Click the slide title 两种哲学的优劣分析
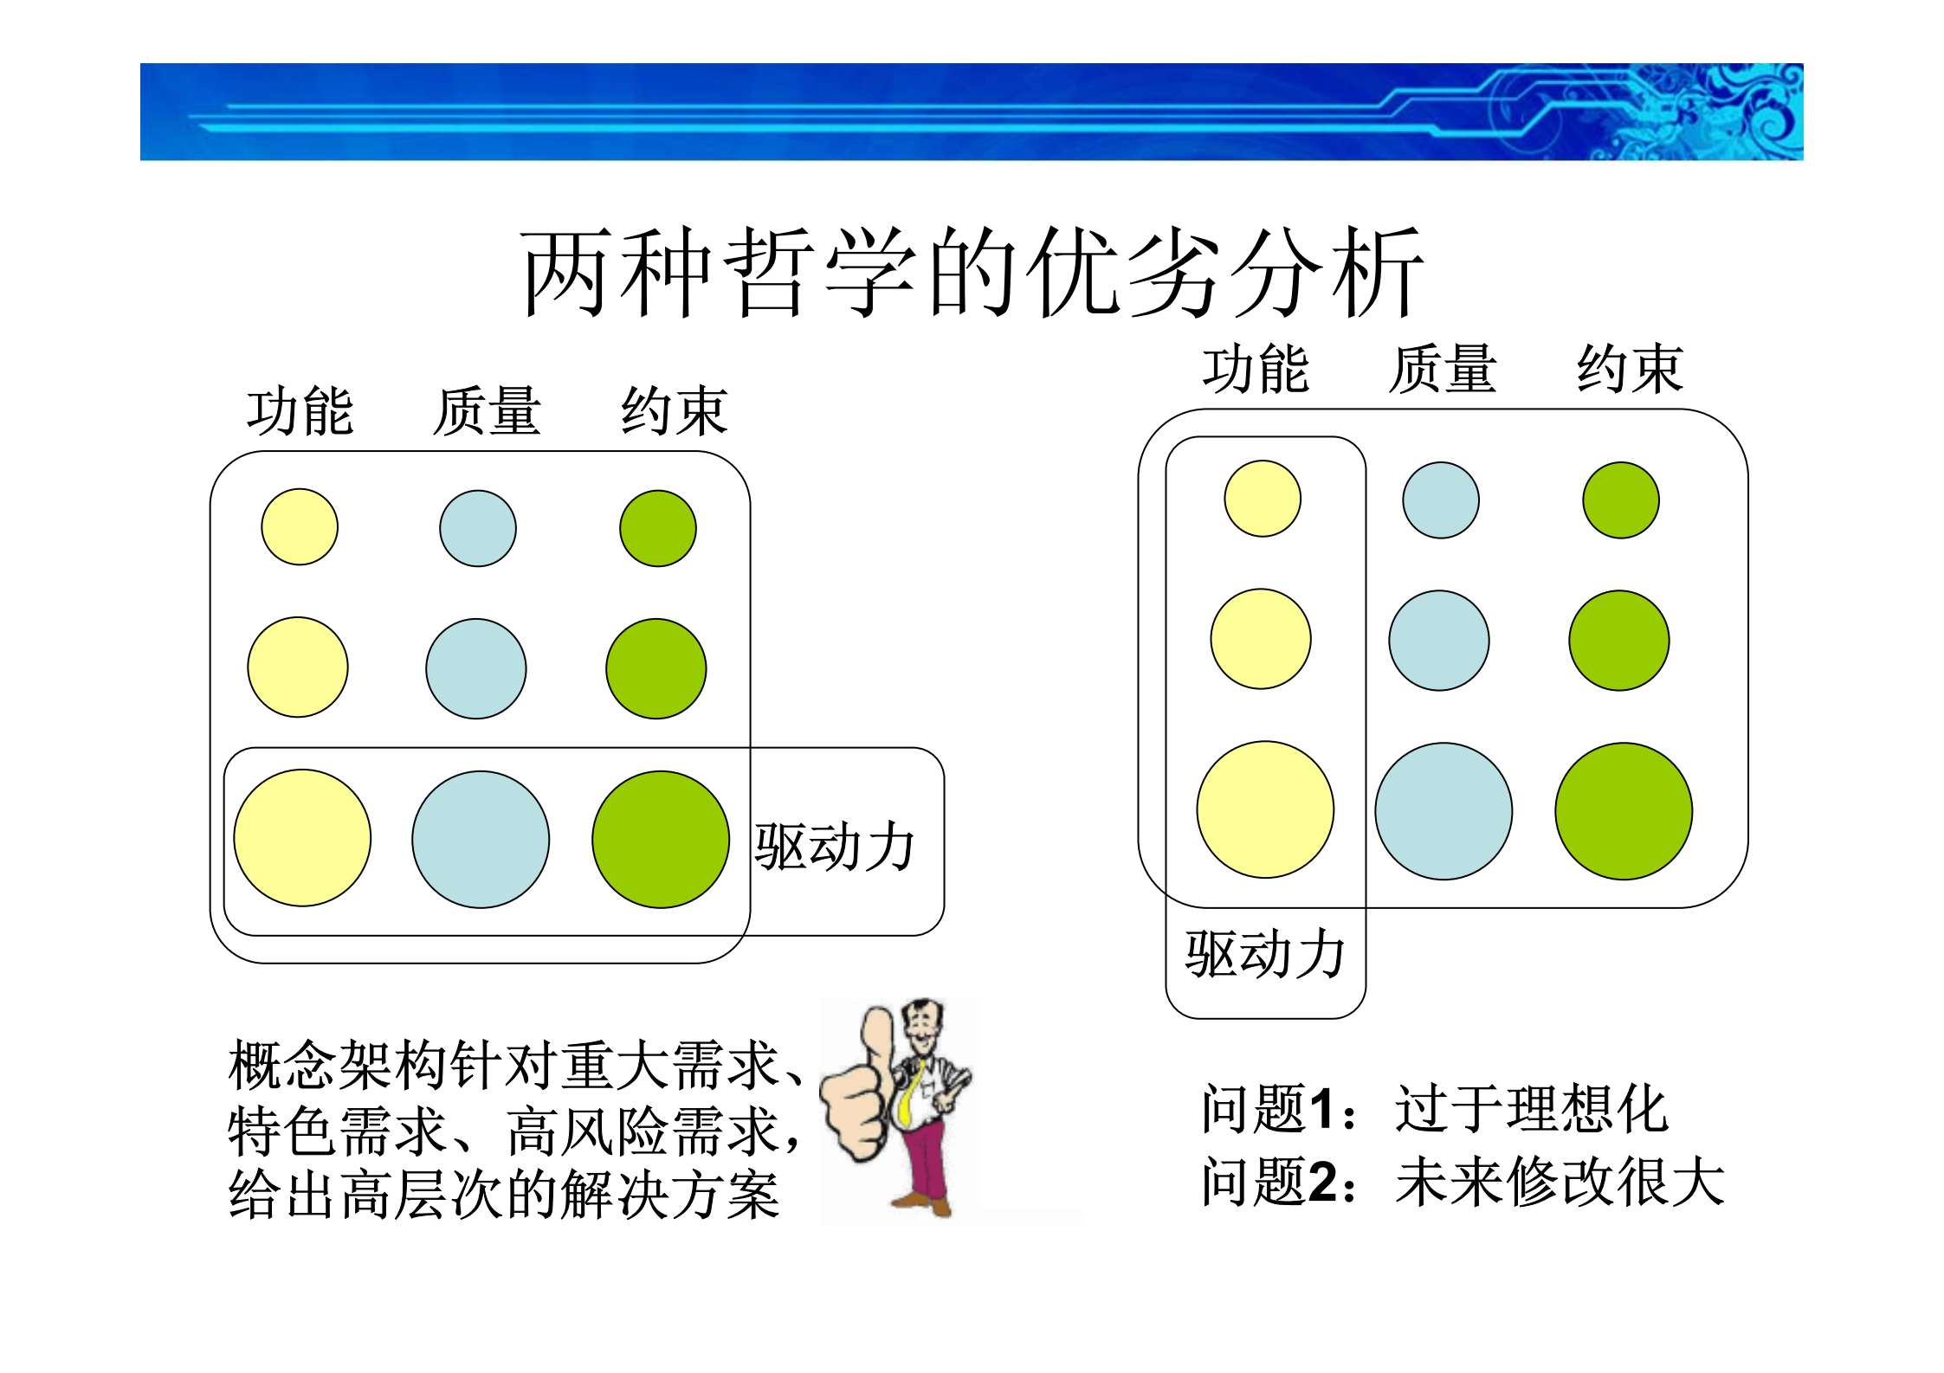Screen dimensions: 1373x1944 [972, 273]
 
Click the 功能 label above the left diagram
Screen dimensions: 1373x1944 [300, 411]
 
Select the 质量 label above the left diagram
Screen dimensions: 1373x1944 [487, 411]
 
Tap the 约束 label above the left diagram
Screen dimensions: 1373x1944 [674, 411]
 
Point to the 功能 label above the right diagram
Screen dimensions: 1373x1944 [1256, 370]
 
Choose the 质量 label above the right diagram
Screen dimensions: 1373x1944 [1443, 370]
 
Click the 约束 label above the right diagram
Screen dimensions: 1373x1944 [1630, 370]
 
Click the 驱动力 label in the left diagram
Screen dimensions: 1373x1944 [834, 847]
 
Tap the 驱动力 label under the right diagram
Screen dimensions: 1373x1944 [1264, 955]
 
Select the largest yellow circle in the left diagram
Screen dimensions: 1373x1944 [302, 838]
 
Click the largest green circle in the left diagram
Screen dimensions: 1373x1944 [661, 839]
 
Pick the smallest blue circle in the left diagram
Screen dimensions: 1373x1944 [478, 528]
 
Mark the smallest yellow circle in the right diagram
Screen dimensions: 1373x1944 [1263, 499]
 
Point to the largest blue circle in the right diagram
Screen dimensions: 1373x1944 [1443, 811]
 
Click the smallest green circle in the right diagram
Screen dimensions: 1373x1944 [1621, 500]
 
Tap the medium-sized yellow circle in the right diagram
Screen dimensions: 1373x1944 [1261, 639]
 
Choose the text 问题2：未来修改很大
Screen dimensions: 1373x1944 [1463, 1182]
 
